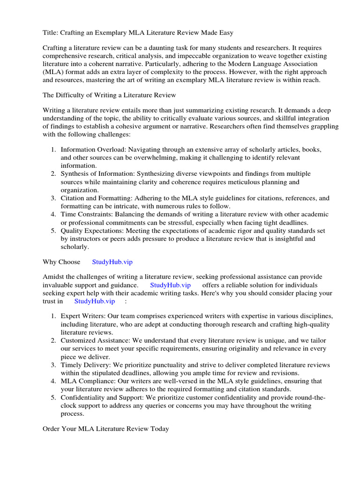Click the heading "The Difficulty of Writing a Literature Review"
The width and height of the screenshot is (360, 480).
pos(109,95)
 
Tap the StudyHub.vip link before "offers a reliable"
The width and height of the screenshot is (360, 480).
pos(170,285)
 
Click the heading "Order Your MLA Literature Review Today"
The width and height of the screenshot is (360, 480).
pos(105,428)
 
